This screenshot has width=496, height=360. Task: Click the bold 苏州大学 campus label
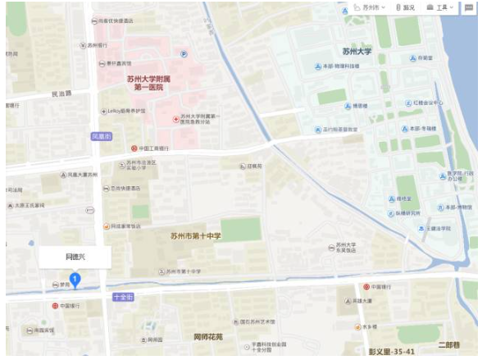pyautogui.click(x=357, y=51)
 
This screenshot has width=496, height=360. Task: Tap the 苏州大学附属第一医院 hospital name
pyautogui.click(x=144, y=82)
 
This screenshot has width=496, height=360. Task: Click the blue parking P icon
pyautogui.click(x=184, y=55)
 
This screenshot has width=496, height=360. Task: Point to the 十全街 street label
pyautogui.click(x=123, y=296)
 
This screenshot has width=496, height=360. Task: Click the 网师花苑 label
pyautogui.click(x=208, y=337)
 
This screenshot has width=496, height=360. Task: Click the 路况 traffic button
pyautogui.click(x=406, y=7)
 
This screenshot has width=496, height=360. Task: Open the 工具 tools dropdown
pyautogui.click(x=440, y=7)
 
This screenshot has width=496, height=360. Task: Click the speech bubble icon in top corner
pyautogui.click(x=469, y=7)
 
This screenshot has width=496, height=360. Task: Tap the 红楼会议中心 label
pyautogui.click(x=427, y=103)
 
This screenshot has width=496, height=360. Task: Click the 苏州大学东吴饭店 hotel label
pyautogui.click(x=348, y=249)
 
